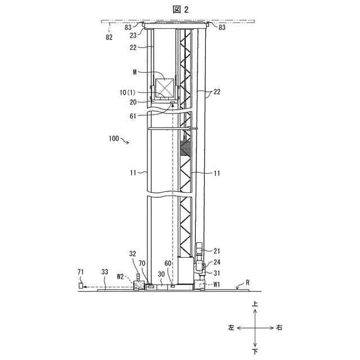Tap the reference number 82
[109, 37]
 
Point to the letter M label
[135, 72]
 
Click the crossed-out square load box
[165, 88]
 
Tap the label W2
[120, 276]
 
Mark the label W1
[217, 285]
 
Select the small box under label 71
[81, 286]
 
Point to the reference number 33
[105, 272]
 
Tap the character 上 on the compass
[255, 304]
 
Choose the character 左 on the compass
[231, 327]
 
